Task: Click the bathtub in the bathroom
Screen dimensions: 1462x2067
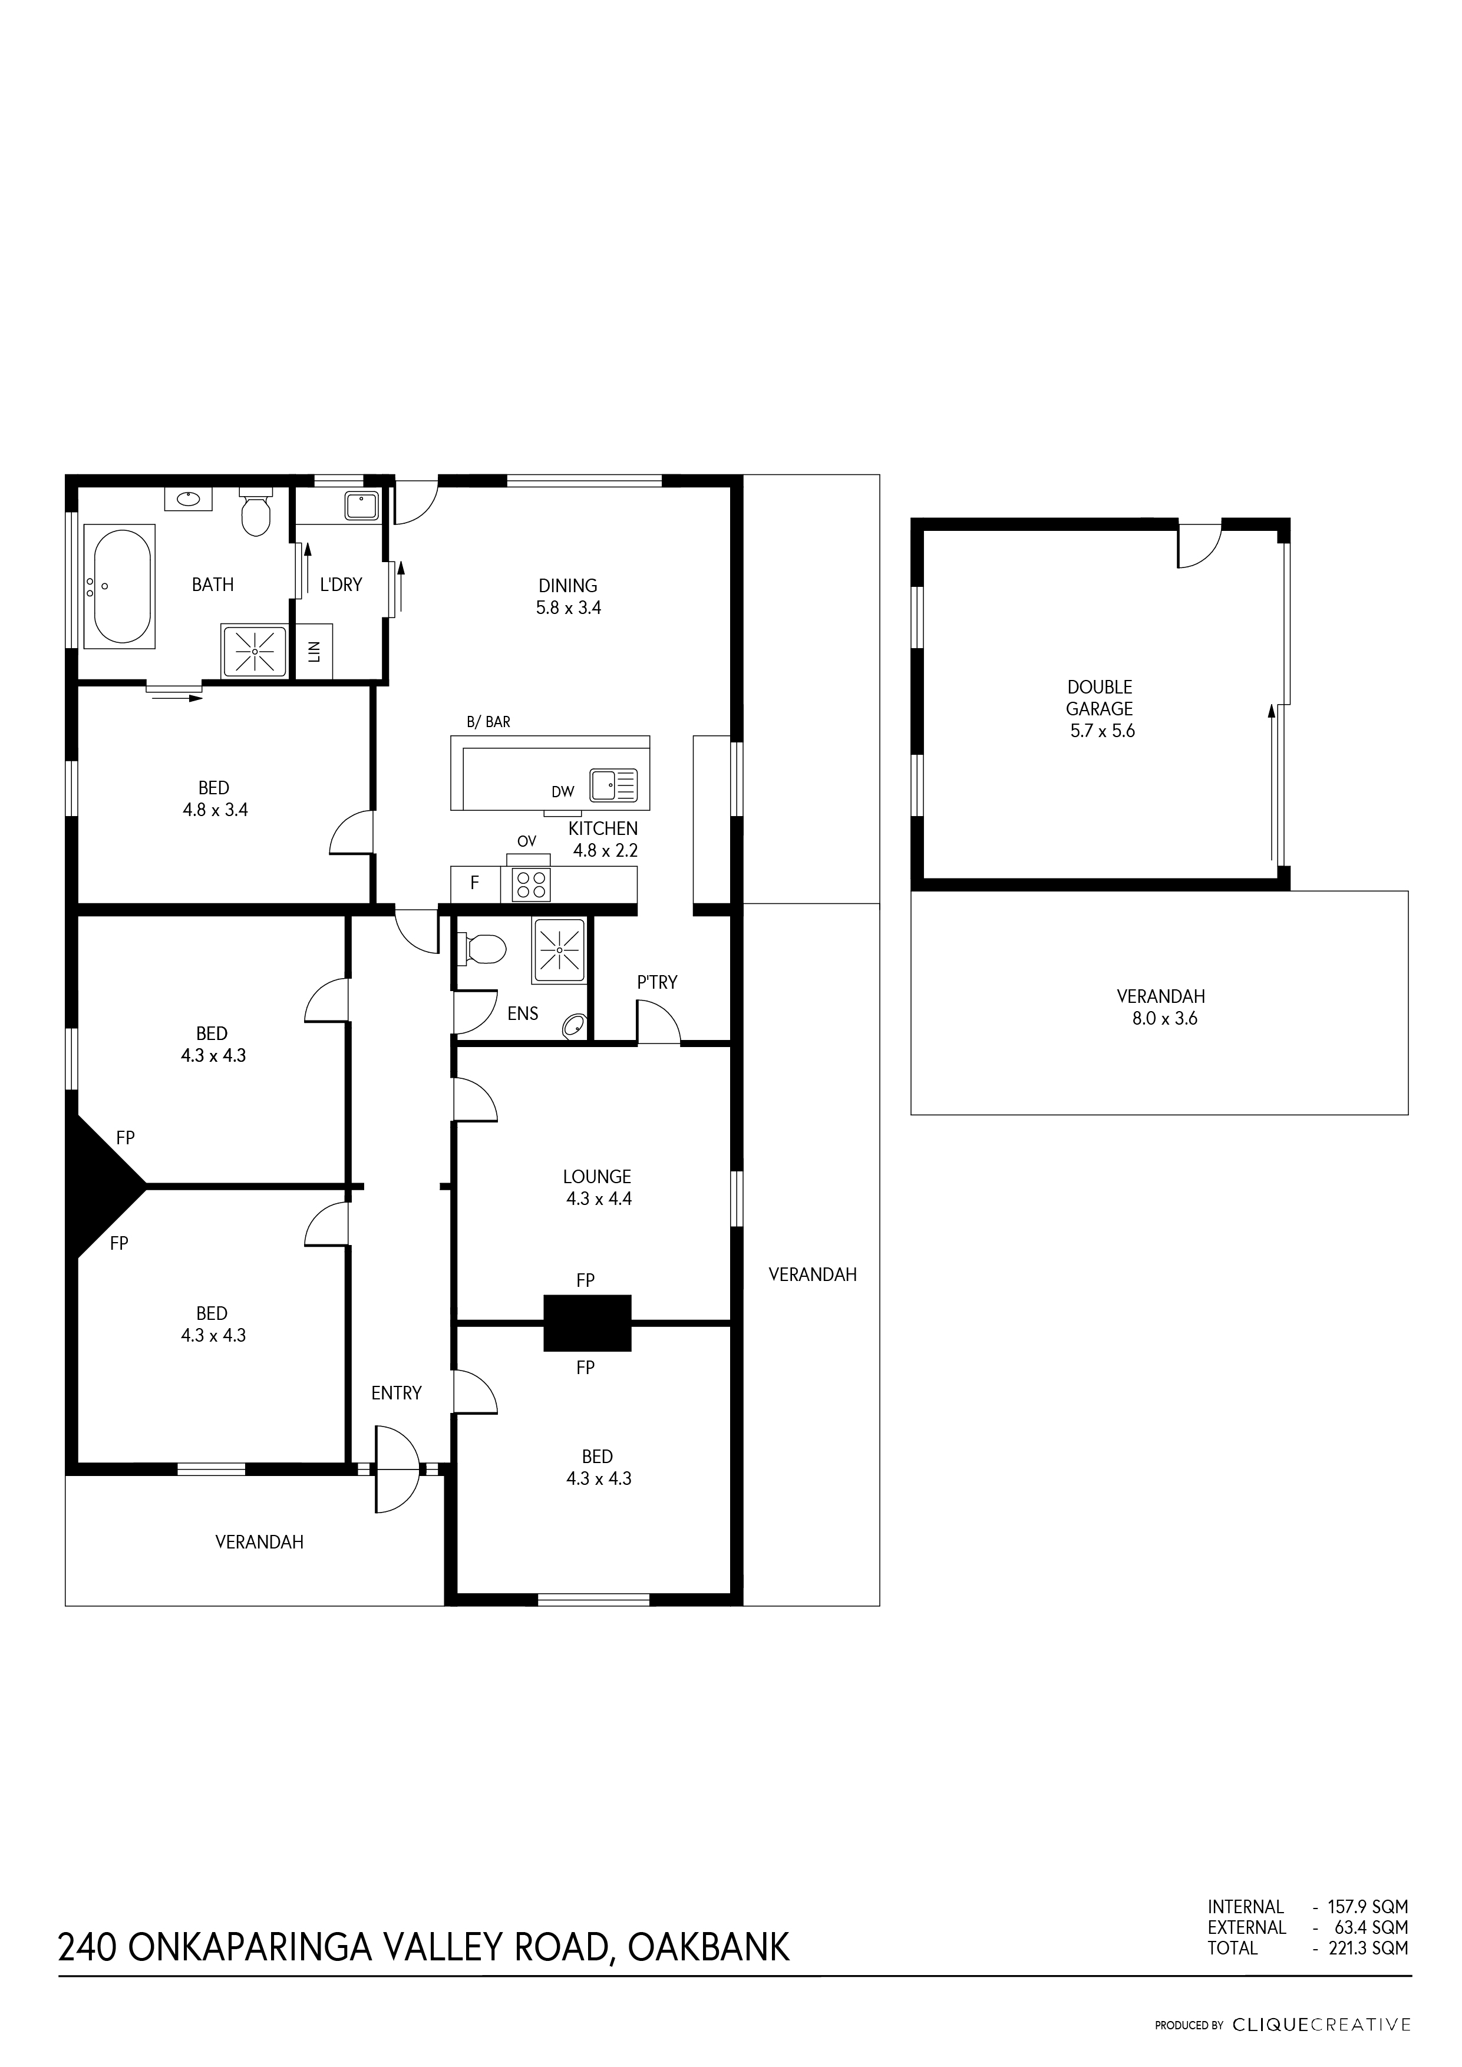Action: click(x=119, y=587)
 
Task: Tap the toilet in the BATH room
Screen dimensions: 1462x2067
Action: click(x=256, y=511)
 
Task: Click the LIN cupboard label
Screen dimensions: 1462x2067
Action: click(x=314, y=652)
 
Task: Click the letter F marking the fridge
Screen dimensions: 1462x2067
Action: click(x=474, y=883)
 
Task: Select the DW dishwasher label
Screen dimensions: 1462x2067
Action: click(x=563, y=793)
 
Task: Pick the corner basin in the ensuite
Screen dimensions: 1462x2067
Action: click(x=573, y=1025)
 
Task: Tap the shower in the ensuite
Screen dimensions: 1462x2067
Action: click(x=560, y=950)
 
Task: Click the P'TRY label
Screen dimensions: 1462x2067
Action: click(x=657, y=982)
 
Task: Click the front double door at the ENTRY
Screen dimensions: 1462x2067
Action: click(x=397, y=1468)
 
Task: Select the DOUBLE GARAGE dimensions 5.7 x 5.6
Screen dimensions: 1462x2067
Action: click(x=1102, y=731)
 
